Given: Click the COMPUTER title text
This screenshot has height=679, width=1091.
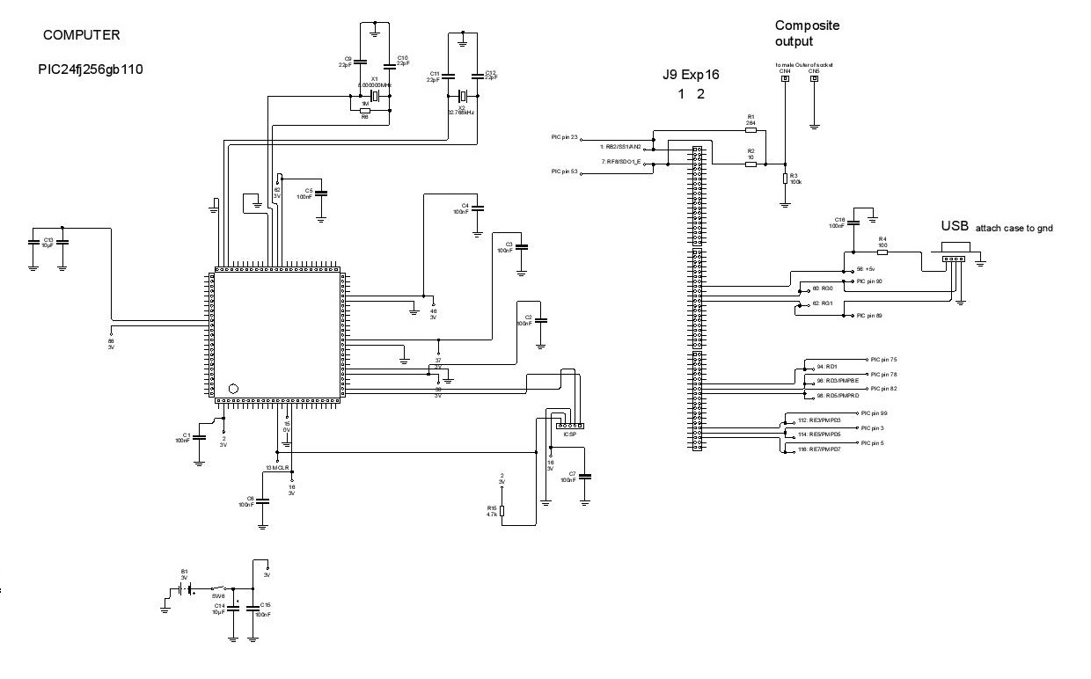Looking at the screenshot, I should [82, 36].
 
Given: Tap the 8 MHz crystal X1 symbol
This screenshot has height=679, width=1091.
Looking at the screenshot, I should [374, 96].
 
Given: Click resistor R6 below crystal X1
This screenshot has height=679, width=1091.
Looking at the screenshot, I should [365, 110].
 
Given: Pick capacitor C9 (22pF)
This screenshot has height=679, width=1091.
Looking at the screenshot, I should [360, 61].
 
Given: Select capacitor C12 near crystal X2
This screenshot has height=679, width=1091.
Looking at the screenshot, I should [477, 76].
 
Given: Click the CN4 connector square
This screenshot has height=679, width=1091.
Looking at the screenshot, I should [785, 79].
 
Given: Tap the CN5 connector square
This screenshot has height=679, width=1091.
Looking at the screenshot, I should [814, 79].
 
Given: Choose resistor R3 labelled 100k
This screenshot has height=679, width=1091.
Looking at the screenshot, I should [785, 179].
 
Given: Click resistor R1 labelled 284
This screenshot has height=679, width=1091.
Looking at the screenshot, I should [751, 128].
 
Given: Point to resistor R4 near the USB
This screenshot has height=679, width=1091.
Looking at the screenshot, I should [882, 252].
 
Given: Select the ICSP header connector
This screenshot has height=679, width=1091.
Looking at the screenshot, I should [569, 426].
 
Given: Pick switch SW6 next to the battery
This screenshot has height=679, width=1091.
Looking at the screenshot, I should [223, 588].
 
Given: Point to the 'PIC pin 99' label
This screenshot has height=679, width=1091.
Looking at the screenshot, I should [873, 413].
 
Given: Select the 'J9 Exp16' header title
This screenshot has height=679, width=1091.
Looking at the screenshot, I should [691, 75].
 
